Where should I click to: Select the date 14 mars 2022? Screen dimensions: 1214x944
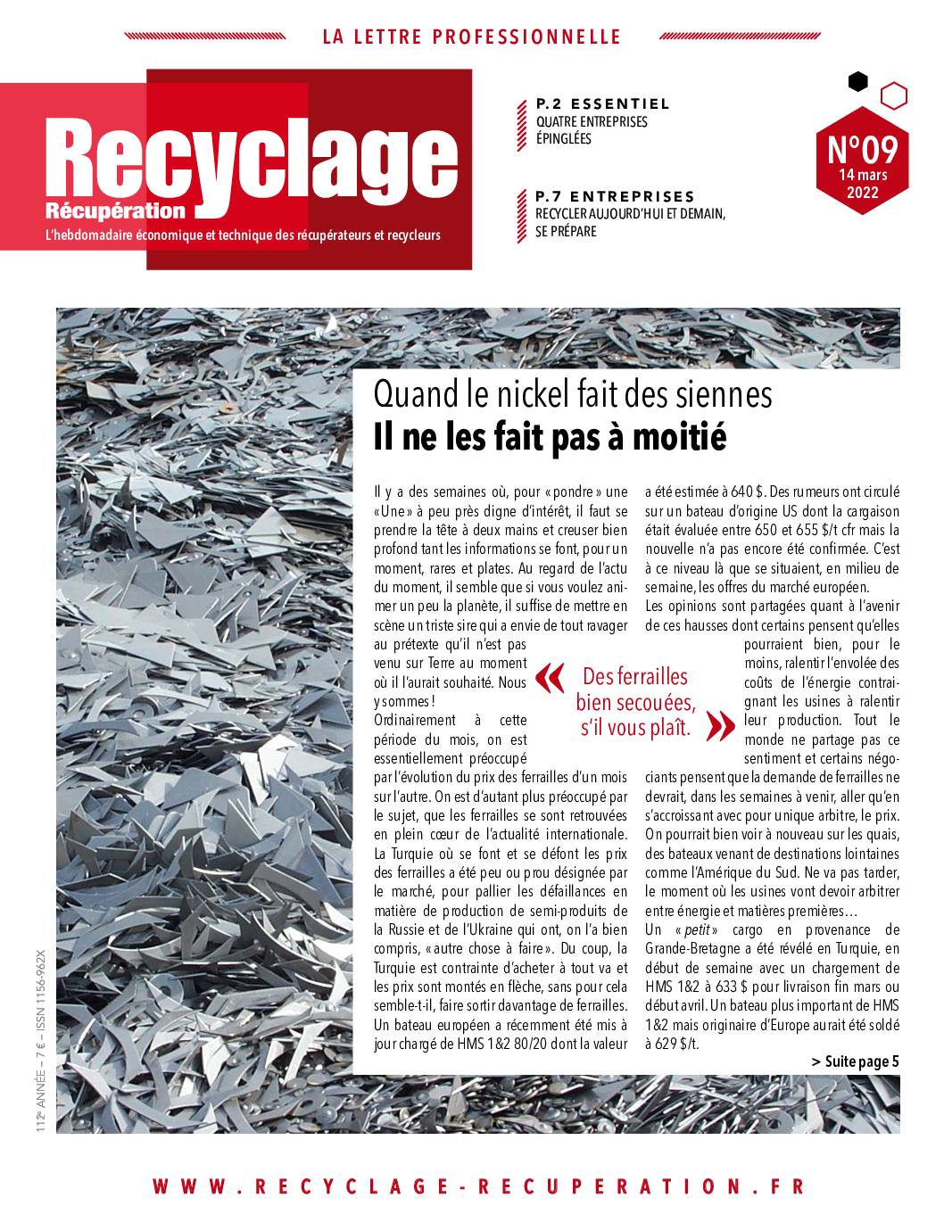click(x=862, y=184)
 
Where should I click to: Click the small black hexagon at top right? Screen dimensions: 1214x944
click(x=857, y=82)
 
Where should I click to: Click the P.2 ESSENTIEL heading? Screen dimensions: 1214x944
click(x=602, y=104)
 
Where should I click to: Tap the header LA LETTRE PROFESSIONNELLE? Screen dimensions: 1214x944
click(x=470, y=37)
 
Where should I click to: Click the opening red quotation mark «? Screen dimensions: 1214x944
click(x=550, y=681)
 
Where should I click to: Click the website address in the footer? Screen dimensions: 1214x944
click(x=479, y=1186)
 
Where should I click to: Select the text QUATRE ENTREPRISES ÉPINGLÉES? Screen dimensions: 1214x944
click(x=591, y=130)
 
